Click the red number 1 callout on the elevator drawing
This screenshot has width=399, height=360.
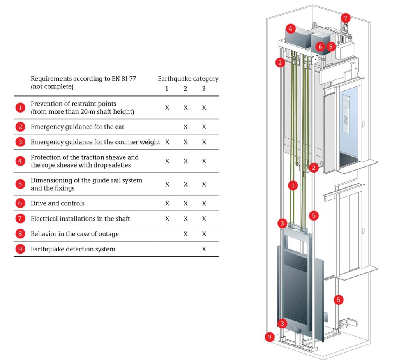coord(293,185)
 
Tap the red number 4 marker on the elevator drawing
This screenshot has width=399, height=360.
coord(290,28)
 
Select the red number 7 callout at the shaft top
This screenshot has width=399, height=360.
coord(346,18)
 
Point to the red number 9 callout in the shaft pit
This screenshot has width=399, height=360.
coord(270,337)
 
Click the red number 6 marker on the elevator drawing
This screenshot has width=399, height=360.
coord(320,47)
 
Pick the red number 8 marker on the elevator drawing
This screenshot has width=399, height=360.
coord(331,47)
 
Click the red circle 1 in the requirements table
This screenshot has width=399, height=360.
coord(20,108)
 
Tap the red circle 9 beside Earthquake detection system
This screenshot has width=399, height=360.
coord(20,249)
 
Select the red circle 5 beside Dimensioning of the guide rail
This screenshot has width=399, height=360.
coord(20,184)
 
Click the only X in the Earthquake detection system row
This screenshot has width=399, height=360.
coord(204,249)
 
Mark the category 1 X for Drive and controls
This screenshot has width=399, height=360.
coord(167,203)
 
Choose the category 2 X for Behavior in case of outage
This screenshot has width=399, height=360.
coord(185,234)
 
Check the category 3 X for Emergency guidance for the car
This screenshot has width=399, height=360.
coord(204,127)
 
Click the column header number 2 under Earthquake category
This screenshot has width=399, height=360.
coord(185,88)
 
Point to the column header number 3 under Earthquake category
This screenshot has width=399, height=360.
coord(203,88)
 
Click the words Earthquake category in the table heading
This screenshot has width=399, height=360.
coord(188,79)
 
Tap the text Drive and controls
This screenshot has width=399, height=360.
coord(58,203)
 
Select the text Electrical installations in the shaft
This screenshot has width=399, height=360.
coord(80,219)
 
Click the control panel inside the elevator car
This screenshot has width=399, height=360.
coord(346,114)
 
